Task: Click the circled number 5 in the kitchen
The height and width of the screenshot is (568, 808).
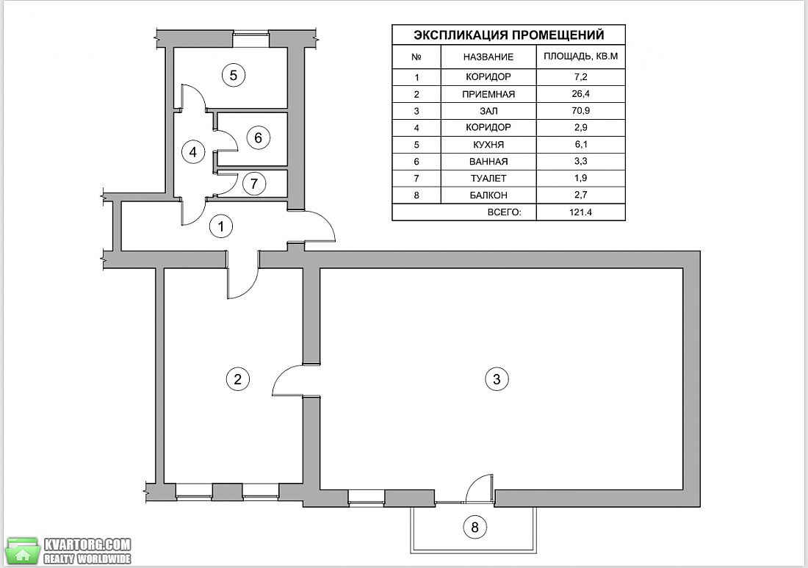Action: click(x=234, y=75)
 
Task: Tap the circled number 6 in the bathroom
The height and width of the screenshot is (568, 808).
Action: click(x=258, y=137)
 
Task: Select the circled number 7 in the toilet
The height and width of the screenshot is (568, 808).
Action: click(x=253, y=184)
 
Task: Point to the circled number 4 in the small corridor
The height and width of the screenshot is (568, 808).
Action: click(x=193, y=152)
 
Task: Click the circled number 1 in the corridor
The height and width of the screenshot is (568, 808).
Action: click(x=221, y=226)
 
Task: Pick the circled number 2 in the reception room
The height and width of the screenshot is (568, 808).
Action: click(x=237, y=379)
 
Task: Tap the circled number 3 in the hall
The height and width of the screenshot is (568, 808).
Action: click(x=497, y=379)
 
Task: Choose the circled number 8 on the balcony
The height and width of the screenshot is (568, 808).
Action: click(x=475, y=527)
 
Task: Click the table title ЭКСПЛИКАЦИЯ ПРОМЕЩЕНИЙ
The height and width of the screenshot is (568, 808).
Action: click(x=508, y=35)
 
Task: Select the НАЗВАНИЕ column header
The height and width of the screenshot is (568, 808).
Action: click(x=488, y=57)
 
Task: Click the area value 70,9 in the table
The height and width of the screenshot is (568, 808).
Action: click(x=581, y=110)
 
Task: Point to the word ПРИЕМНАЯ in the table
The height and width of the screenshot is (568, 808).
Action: click(x=488, y=94)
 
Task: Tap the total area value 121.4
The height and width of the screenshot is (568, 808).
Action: click(x=581, y=212)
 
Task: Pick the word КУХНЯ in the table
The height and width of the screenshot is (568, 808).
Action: click(x=488, y=144)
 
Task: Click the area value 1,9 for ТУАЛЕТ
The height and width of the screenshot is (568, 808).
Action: click(x=581, y=178)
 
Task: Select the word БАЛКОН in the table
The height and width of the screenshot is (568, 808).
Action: click(x=488, y=195)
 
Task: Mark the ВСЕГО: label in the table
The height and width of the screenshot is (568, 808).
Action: click(x=504, y=212)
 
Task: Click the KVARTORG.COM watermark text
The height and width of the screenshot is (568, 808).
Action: click(x=87, y=544)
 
